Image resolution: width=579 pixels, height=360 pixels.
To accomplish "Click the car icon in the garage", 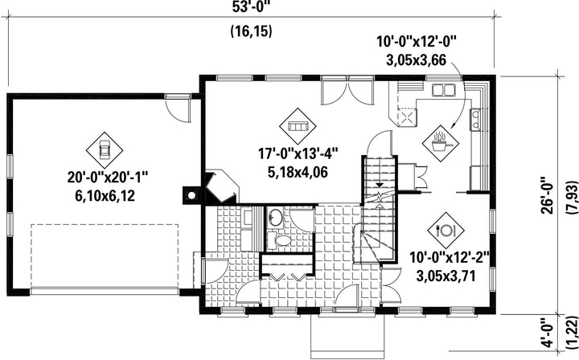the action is (x=105, y=150).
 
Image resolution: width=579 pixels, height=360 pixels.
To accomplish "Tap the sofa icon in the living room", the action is (x=298, y=126).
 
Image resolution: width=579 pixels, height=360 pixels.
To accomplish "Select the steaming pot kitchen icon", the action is (x=441, y=143).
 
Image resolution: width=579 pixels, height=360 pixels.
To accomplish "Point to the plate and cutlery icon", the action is (x=446, y=231).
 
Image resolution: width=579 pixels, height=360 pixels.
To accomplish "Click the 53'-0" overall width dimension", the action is (x=250, y=8).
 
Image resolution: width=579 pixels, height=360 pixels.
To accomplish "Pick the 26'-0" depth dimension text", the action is (x=548, y=195).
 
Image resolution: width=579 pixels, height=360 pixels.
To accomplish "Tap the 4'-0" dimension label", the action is (x=548, y=333).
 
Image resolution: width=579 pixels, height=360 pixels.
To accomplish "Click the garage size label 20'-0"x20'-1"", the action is (x=108, y=178).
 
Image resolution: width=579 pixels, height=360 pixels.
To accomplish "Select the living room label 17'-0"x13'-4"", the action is (x=298, y=153).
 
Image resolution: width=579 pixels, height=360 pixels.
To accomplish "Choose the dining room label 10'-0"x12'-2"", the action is (x=449, y=257).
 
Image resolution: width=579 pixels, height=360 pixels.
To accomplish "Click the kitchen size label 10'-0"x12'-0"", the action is (x=417, y=42).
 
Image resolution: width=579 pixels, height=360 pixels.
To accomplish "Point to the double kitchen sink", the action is (x=443, y=90).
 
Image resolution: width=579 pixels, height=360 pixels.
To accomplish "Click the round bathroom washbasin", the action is (x=275, y=218).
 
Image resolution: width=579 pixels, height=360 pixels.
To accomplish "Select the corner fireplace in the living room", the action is (x=220, y=186).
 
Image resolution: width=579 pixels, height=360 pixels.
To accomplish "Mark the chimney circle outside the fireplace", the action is (x=191, y=195).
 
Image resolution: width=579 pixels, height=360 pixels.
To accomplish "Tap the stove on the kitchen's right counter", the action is (x=475, y=120).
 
